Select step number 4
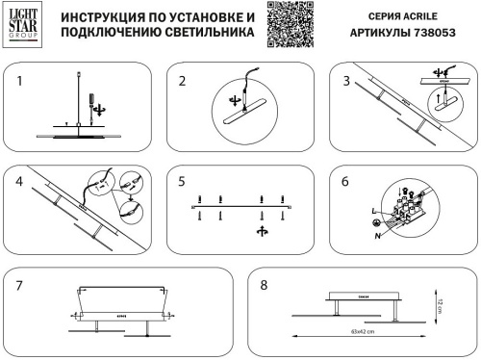(18, 181)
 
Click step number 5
(182, 181)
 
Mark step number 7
(18, 286)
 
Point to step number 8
(263, 286)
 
